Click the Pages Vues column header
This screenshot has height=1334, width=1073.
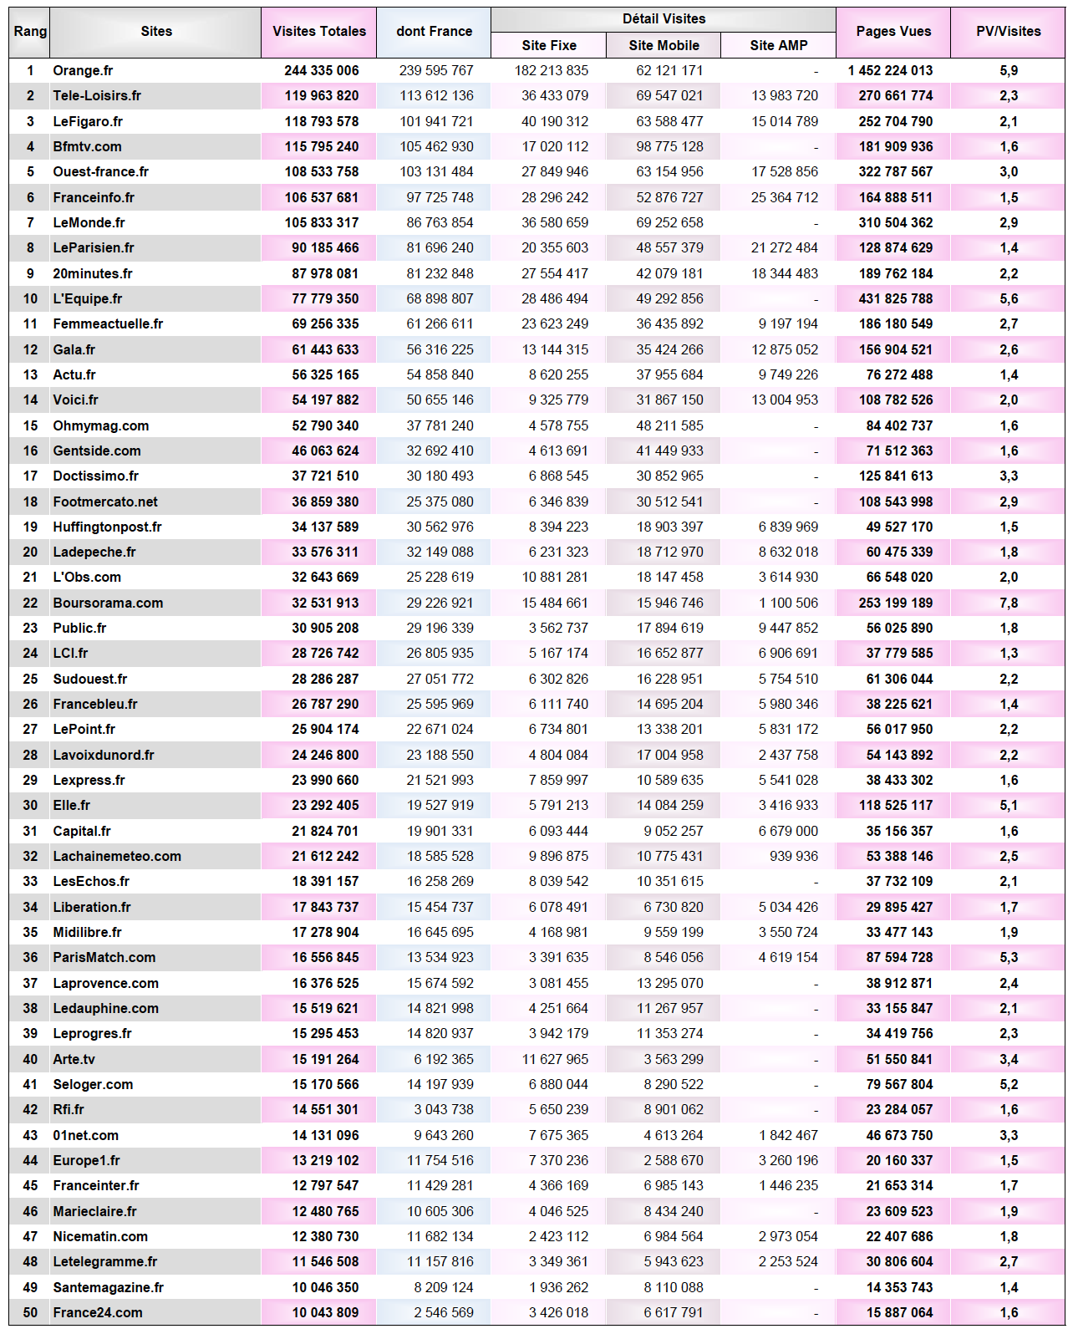[x=892, y=32]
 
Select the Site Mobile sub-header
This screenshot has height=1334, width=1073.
[x=664, y=45]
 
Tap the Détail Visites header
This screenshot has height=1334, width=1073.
[x=664, y=18]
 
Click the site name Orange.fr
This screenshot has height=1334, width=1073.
[x=83, y=71]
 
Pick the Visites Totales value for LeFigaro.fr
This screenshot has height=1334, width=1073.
[x=321, y=121]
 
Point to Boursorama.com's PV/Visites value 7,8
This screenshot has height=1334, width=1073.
[x=1008, y=603]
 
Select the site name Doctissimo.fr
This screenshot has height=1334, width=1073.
[x=95, y=476]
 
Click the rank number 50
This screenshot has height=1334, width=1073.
[x=30, y=1312]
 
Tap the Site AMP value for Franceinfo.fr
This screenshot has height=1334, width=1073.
[x=784, y=197]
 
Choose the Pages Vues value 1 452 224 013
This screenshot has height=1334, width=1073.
[x=890, y=71]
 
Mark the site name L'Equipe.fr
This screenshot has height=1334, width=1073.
[x=87, y=298]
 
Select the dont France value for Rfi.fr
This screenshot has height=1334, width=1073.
[x=443, y=1109]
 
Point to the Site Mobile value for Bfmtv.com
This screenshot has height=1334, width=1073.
[x=669, y=146]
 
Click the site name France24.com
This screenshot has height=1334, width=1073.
[x=97, y=1312]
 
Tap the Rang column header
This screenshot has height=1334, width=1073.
[x=30, y=32]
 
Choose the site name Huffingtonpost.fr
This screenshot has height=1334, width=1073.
[x=107, y=527]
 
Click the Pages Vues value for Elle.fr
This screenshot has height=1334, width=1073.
[x=896, y=805]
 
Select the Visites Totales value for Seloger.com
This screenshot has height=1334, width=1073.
[x=325, y=1084]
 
